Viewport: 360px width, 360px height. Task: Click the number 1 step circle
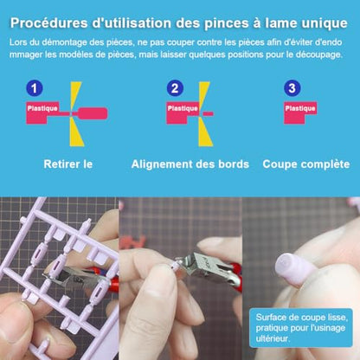coord(35,88)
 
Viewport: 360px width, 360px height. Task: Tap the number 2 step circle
coord(175,88)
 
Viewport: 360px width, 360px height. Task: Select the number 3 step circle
coord(292,88)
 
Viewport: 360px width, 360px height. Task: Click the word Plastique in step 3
coord(300,108)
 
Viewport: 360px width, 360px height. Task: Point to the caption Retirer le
coord(68,164)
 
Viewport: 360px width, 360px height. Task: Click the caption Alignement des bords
coord(190,164)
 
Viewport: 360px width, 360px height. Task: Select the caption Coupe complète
coord(306,164)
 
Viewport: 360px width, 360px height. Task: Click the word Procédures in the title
coord(49,23)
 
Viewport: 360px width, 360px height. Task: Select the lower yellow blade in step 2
coord(205,132)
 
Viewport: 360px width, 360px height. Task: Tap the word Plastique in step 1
coord(42,108)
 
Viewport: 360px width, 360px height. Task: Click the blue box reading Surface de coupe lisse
coord(301,328)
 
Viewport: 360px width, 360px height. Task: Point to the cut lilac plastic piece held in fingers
coord(296,267)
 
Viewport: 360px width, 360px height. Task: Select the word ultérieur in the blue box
coord(273,338)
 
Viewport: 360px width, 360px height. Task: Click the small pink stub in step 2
coord(208,114)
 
